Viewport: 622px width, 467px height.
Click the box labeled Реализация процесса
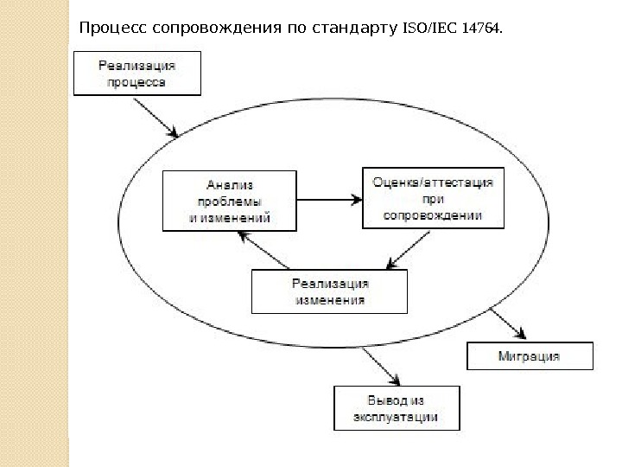click(x=137, y=72)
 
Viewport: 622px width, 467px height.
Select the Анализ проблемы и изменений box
click(x=230, y=200)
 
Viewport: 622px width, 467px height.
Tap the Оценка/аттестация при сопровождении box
click(x=432, y=198)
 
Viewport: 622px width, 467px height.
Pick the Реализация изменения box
click(x=329, y=291)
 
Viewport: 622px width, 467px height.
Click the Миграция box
click(x=529, y=355)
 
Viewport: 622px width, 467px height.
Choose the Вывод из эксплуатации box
click(x=397, y=407)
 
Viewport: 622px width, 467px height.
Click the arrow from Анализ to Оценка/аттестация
click(x=328, y=200)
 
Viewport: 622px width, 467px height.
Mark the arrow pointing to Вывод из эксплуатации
click(x=384, y=363)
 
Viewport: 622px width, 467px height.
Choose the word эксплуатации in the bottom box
click(x=397, y=417)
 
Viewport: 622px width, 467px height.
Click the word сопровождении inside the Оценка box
click(x=432, y=214)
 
